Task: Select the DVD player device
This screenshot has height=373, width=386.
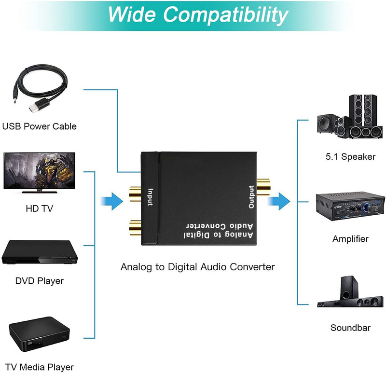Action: pyautogui.click(x=40, y=252)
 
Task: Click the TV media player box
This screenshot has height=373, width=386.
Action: pyautogui.click(x=40, y=334)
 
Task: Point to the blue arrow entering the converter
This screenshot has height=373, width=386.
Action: pyautogui.click(x=112, y=201)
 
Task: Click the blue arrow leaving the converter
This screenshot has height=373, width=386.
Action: pyautogui.click(x=279, y=201)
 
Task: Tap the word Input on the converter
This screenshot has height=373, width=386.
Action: pyautogui.click(x=150, y=197)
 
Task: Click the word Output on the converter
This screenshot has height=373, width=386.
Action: pyautogui.click(x=251, y=197)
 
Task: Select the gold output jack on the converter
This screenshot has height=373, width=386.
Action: pyautogui.click(x=263, y=187)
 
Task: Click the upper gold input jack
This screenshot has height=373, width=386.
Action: pyautogui.click(x=135, y=194)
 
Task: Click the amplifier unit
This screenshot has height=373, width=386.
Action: pyautogui.click(x=350, y=207)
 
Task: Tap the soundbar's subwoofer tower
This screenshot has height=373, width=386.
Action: pyautogui.click(x=349, y=288)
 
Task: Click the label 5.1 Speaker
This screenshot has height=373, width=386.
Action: pyautogui.click(x=350, y=157)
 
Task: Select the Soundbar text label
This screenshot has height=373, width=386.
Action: pyautogui.click(x=350, y=328)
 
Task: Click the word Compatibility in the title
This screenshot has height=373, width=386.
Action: pyautogui.click(x=225, y=15)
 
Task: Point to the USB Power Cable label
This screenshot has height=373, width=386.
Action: pyautogui.click(x=40, y=126)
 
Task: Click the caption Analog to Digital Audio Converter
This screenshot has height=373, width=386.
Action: pyautogui.click(x=198, y=267)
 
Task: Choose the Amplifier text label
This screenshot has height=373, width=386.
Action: pyautogui.click(x=350, y=239)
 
